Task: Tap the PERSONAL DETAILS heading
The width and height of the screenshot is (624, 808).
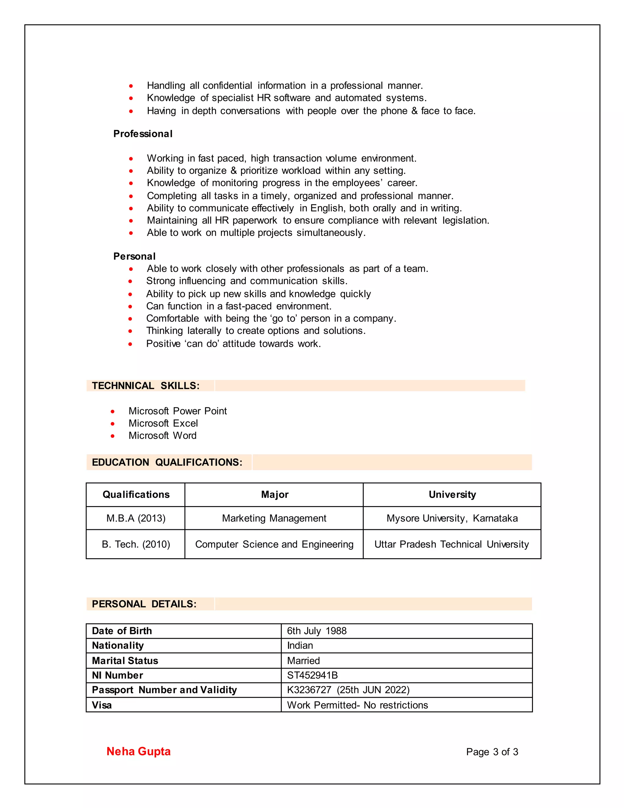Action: (144, 604)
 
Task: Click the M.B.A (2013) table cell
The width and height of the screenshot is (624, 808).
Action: (136, 518)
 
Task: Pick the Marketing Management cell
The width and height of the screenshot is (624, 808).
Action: (274, 518)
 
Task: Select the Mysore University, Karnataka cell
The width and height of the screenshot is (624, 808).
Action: (452, 518)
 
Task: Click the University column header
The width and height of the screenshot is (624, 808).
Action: (452, 494)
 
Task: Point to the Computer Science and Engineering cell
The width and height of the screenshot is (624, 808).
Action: (274, 544)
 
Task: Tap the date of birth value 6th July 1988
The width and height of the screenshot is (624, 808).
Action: (317, 631)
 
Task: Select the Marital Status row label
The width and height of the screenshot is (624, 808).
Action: (125, 660)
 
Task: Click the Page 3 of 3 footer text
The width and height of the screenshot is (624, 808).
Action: (492, 752)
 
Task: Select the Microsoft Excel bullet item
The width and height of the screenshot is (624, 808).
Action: (163, 423)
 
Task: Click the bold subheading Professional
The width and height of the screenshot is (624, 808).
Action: (143, 134)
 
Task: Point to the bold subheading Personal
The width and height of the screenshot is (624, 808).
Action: (134, 256)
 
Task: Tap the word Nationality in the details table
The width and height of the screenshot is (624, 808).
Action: (118, 645)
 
